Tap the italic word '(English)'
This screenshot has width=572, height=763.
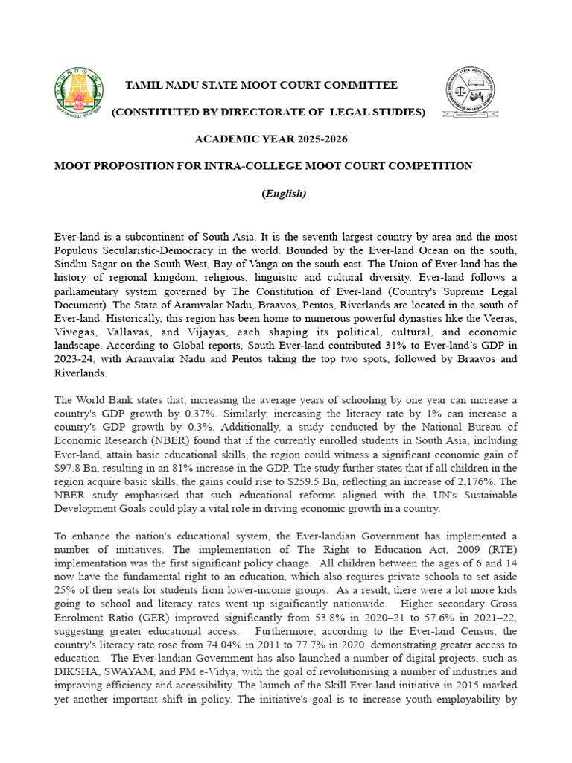point(284,194)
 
